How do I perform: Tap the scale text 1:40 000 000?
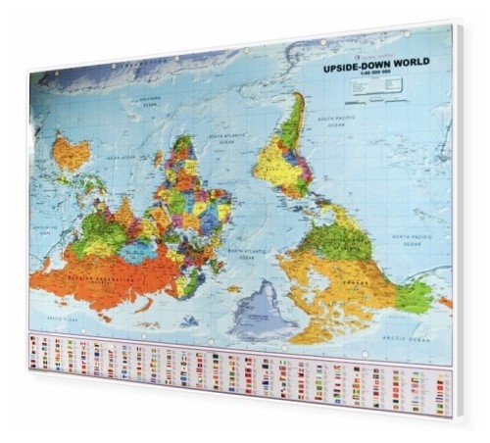tap(374, 78)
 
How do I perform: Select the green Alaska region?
tap(415, 294)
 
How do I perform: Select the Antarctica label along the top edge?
tap(137, 70)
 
